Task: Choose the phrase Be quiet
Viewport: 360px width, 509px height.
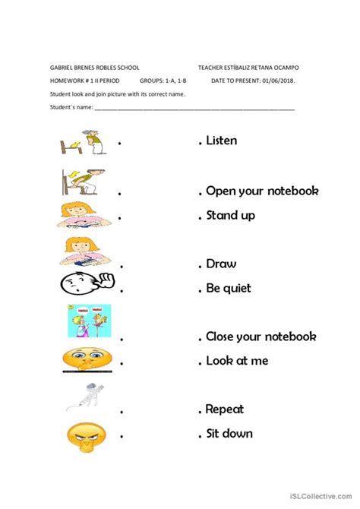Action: [x=229, y=289]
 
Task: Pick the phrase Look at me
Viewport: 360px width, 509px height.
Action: [x=237, y=361]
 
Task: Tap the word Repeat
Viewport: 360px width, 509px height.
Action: [x=225, y=409]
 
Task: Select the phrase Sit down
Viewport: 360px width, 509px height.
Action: [x=229, y=434]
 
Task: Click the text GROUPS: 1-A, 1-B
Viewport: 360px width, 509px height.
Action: [x=164, y=81]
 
